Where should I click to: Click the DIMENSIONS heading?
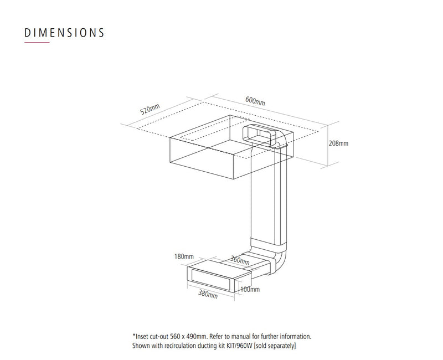coord(64,33)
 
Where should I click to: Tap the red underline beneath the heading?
coord(37,43)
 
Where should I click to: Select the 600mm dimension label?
coord(255,101)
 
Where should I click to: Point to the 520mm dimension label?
coord(150,109)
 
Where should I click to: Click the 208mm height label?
coord(338,143)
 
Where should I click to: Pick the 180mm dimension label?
coord(184,256)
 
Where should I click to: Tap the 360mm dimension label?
coord(240,260)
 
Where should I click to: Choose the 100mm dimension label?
coord(250,289)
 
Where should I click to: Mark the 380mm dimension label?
coord(208,294)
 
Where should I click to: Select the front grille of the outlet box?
coord(210,280)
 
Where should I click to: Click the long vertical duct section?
coord(269,198)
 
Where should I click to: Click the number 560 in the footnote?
coord(176,337)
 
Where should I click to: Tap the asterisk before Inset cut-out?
coord(134,336)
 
